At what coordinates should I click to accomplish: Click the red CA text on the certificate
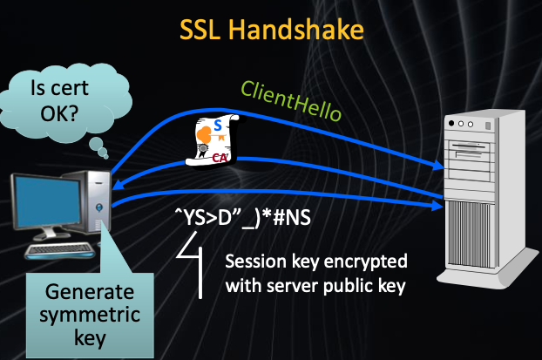tap(220, 157)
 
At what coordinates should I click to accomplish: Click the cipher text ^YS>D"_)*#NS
tap(237, 215)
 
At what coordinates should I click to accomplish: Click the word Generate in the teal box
tap(85, 292)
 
